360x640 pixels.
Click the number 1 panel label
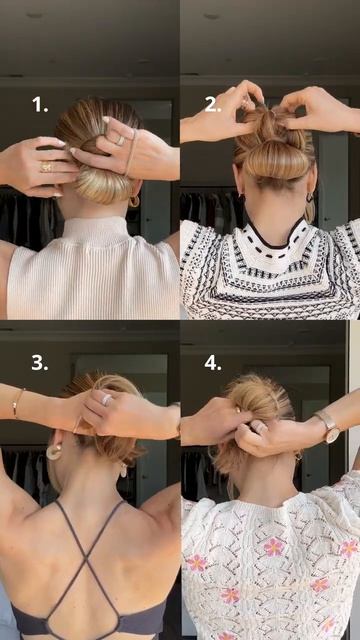(x=40, y=105)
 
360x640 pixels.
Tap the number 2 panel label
(x=213, y=105)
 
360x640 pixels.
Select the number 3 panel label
(x=40, y=362)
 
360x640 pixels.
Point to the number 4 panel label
(x=213, y=362)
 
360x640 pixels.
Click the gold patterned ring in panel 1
(x=46, y=167)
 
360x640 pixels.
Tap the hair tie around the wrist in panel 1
(x=131, y=152)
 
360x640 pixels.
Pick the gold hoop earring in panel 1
(x=134, y=201)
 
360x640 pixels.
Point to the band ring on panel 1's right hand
(x=121, y=140)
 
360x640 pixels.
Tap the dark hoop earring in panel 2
(x=310, y=198)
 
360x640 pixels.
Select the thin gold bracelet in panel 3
(x=16, y=403)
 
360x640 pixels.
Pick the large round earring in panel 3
(x=52, y=452)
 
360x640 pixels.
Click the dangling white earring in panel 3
(x=124, y=470)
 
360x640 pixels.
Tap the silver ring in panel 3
(x=107, y=399)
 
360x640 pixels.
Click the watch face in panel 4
(x=332, y=435)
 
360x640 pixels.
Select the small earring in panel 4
(x=299, y=457)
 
